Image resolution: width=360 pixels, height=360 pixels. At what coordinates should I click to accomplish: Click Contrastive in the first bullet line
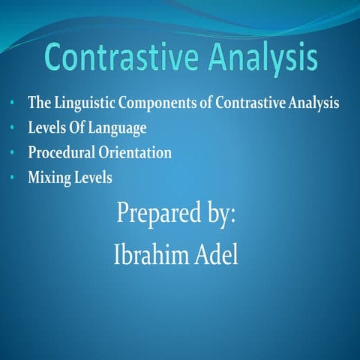(x=246, y=103)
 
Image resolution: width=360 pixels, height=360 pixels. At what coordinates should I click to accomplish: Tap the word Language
(x=118, y=129)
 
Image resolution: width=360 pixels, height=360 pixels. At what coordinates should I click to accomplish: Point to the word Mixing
(x=48, y=178)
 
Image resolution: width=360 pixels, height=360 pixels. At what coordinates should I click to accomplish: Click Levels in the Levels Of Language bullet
(x=46, y=128)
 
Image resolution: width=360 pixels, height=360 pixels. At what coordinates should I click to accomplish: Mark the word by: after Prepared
(x=217, y=214)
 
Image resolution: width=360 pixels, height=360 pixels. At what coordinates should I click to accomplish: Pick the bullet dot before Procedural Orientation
(x=13, y=154)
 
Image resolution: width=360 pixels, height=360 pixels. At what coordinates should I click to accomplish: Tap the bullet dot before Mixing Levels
(x=13, y=178)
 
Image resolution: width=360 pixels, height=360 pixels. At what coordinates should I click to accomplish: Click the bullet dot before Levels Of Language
(x=13, y=129)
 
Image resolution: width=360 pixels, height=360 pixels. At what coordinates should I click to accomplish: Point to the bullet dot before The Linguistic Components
(x=13, y=103)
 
